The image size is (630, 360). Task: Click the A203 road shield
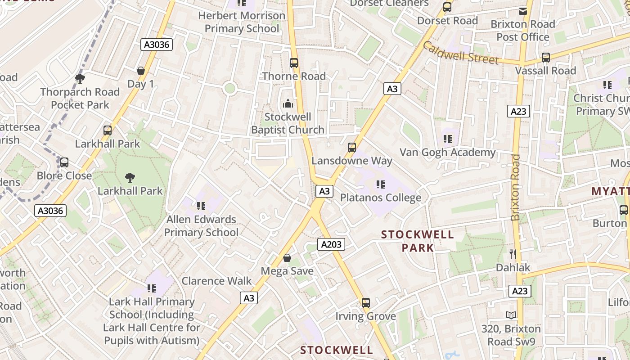331,244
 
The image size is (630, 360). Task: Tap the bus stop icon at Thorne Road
294,63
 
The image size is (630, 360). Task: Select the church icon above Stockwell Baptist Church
288,104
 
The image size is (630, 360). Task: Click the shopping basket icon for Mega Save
287,258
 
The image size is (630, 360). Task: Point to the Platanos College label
381,198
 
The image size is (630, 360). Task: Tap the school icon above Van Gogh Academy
447,139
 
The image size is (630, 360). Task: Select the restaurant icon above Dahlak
513,254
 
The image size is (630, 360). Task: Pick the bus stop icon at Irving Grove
366,303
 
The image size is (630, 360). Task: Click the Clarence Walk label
216,281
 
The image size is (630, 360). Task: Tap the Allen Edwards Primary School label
201,226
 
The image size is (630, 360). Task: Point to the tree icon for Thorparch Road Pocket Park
80,79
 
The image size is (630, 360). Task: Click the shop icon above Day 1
141,71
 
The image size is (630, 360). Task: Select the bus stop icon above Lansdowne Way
352,147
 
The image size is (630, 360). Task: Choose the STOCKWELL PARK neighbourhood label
418,241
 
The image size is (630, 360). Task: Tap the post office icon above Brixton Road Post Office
523,11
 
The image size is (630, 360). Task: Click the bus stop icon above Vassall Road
546,58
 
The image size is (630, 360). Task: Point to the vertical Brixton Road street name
516,188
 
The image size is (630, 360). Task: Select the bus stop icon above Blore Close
64,162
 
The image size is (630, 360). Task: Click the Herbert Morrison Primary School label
242,22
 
